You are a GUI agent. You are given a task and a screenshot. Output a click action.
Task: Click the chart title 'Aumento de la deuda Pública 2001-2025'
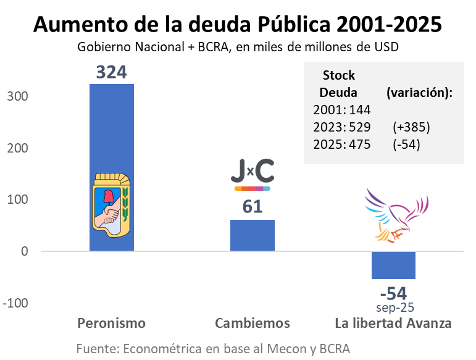(238, 25)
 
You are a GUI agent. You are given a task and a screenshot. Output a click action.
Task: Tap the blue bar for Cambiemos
(253, 235)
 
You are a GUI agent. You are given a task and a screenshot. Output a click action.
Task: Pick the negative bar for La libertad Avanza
(393, 265)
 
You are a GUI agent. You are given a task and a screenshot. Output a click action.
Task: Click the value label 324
(111, 72)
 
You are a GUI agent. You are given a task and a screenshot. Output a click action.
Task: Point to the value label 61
(253, 207)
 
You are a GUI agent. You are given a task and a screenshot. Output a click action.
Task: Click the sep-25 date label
(394, 307)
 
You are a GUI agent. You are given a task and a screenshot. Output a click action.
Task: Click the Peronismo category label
(112, 324)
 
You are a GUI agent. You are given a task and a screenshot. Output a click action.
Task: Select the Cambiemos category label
(253, 324)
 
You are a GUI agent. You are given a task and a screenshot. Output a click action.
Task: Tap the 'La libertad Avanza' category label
(393, 324)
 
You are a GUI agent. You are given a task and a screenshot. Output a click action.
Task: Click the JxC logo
(252, 173)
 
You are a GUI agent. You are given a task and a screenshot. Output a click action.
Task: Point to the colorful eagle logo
(395, 215)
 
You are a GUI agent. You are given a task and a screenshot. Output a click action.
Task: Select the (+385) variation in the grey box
(411, 128)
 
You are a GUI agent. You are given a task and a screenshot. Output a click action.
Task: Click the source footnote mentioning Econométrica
(213, 349)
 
